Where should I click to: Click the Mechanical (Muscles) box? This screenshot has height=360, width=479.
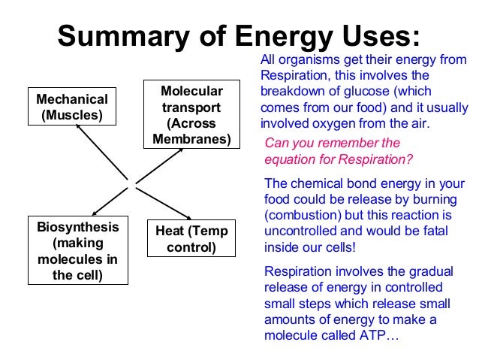(72, 107)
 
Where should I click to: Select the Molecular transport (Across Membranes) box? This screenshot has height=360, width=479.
(191, 115)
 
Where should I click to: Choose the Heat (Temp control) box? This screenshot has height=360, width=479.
(191, 238)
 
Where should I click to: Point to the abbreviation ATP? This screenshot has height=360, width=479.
(370, 335)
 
